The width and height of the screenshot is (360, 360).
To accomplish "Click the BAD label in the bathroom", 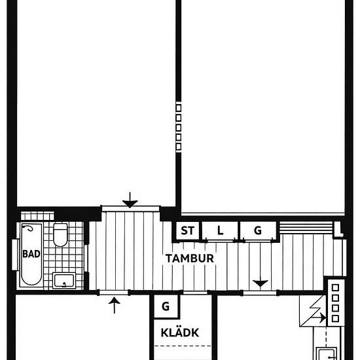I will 29,254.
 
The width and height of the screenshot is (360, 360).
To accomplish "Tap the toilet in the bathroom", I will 60,234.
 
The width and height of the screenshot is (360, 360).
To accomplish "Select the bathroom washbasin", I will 64,281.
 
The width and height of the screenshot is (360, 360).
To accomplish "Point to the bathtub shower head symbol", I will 29,231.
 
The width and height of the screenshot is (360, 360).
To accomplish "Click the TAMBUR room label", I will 190,258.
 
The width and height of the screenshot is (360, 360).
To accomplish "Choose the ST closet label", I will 187,230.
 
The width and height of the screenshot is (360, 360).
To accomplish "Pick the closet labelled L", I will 220,230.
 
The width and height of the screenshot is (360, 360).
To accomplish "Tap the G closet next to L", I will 257,230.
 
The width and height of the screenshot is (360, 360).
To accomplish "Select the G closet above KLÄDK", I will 166,306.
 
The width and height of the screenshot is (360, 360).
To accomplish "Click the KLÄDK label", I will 179,333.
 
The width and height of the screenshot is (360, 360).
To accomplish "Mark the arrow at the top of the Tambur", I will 130,200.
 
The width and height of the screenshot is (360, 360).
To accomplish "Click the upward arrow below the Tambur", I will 115,304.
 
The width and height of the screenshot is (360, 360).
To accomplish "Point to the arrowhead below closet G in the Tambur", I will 261,283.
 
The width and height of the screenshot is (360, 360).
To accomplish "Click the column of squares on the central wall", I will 178,126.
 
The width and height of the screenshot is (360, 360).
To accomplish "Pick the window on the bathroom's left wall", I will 14,254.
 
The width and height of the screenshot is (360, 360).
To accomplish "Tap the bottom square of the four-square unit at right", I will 335,319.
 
